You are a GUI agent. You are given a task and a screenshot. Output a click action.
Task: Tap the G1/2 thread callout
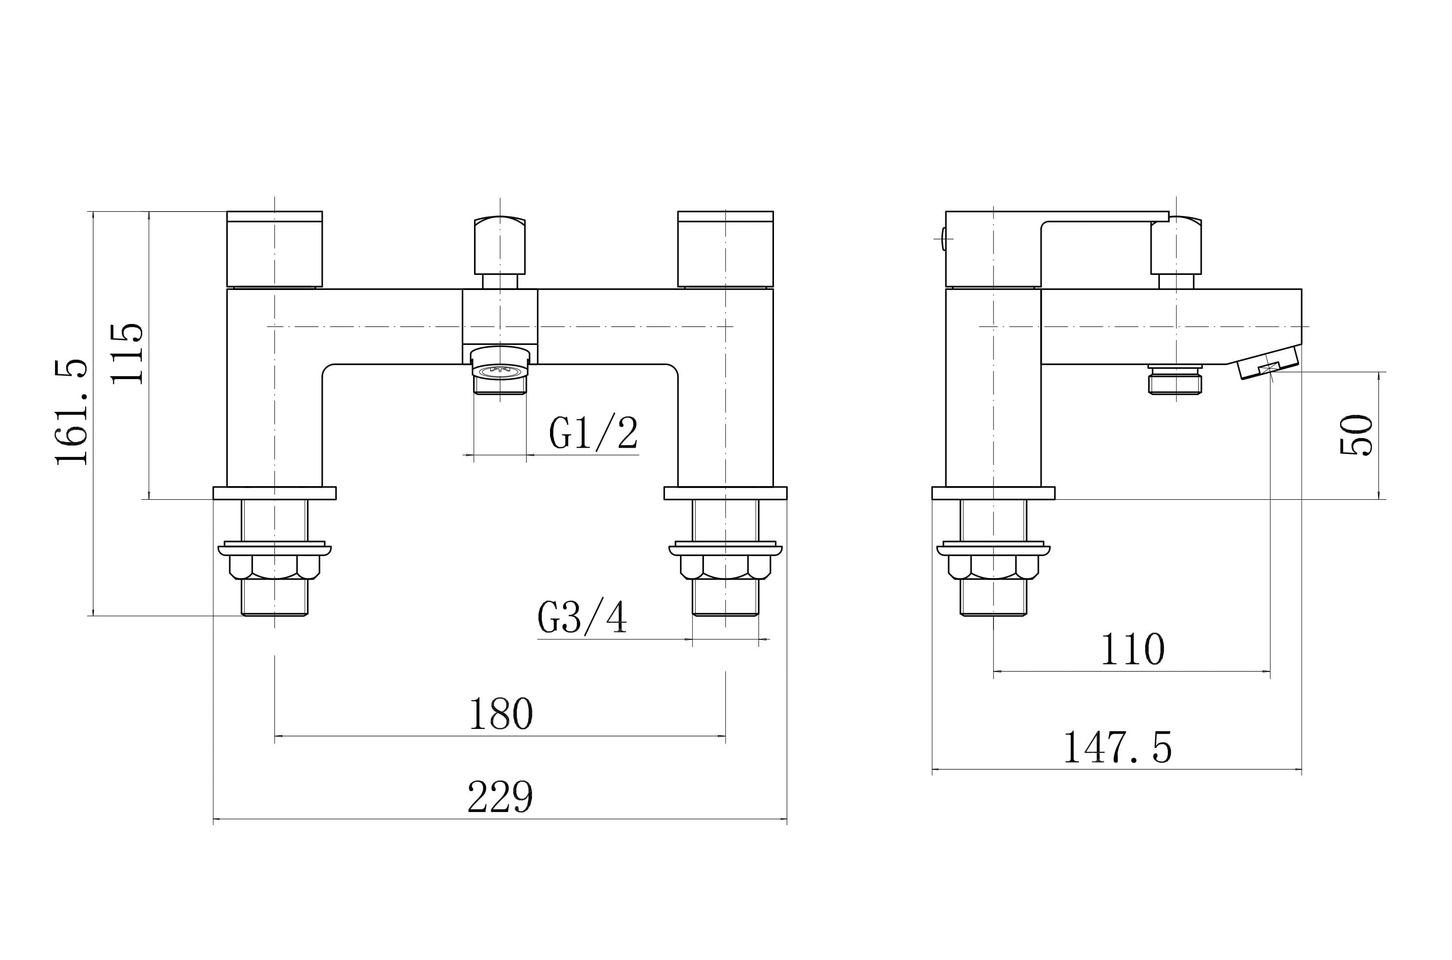coord(593,432)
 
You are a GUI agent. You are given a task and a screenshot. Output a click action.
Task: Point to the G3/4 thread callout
coord(582,616)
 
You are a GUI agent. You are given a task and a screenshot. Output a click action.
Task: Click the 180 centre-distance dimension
coord(501,713)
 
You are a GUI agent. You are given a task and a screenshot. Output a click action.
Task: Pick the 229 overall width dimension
coord(500,796)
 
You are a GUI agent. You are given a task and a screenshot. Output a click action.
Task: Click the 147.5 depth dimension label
coord(1118,747)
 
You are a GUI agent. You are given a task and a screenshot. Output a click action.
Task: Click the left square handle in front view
coord(275,249)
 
